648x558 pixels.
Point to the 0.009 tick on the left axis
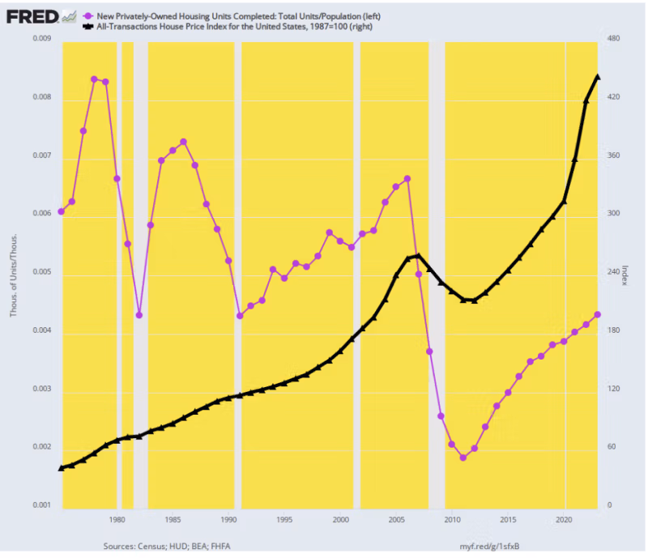click(x=40, y=40)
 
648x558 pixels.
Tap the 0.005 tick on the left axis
click(x=40, y=273)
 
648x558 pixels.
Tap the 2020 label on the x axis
click(x=564, y=518)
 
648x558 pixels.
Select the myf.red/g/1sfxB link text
click(x=491, y=547)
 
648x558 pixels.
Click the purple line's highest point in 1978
click(x=94, y=79)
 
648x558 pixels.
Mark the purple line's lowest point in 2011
click(x=463, y=458)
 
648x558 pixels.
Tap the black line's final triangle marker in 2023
click(x=597, y=77)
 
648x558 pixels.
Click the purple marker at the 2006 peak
click(x=407, y=179)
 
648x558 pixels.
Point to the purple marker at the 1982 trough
click(x=139, y=315)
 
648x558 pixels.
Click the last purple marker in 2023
click(x=597, y=314)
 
